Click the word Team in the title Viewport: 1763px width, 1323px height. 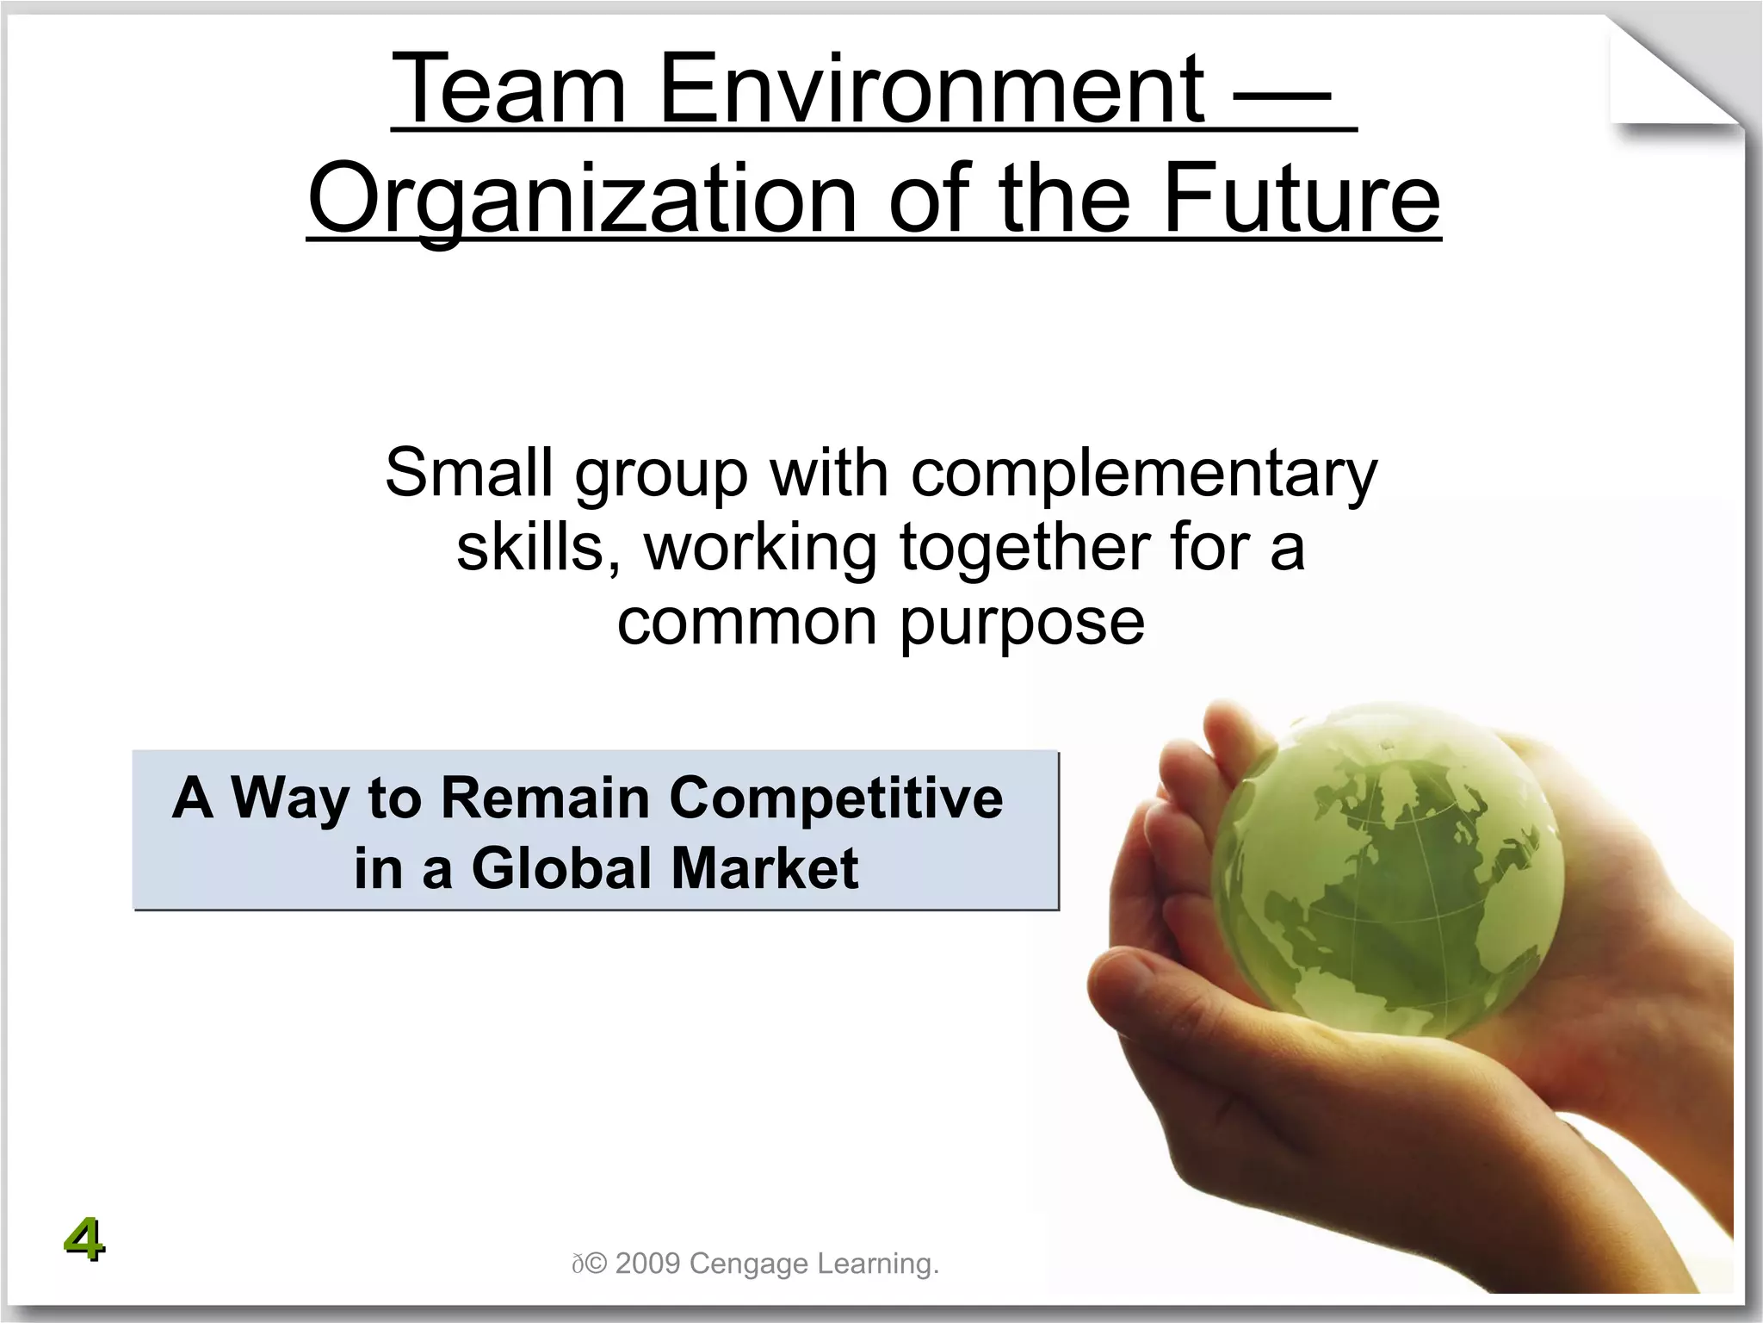[x=508, y=90]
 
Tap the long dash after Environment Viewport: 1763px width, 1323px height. [x=1283, y=95]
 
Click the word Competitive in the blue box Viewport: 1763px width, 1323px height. [x=836, y=798]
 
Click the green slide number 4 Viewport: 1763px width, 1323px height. [x=84, y=1240]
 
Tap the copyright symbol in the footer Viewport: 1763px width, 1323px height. [x=597, y=1264]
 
